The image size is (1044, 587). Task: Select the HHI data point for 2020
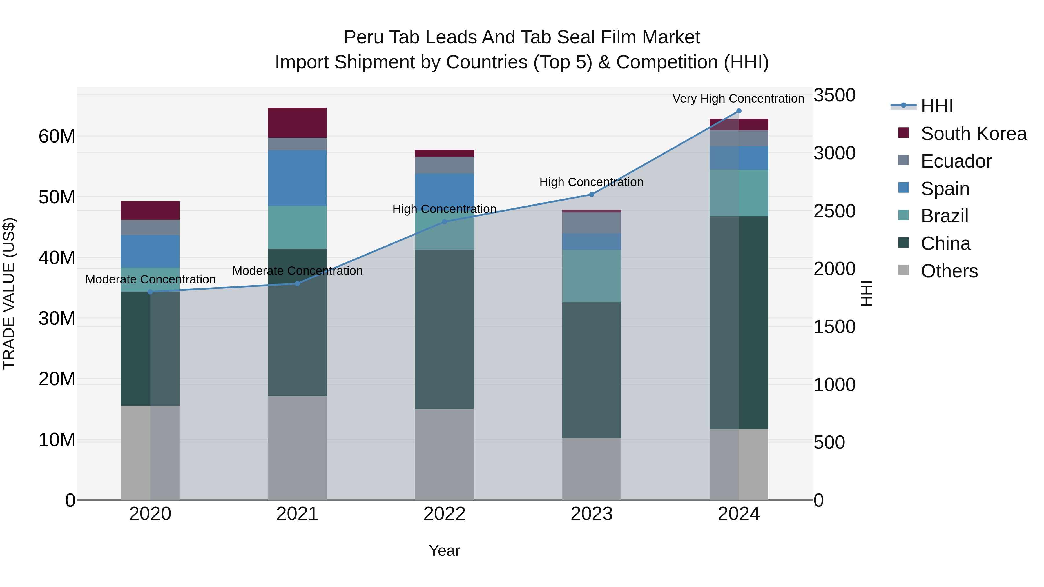[x=150, y=292]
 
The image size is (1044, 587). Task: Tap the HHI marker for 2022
[x=444, y=221]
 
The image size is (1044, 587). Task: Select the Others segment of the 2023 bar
[x=591, y=469]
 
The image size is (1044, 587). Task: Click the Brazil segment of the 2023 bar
[x=591, y=276]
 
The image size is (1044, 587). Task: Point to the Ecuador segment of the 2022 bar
[x=444, y=165]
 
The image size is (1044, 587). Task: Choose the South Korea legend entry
[x=973, y=134]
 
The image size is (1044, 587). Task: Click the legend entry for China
[x=945, y=243]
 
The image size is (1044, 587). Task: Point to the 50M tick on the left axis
[x=57, y=197]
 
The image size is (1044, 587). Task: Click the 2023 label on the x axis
[x=591, y=514]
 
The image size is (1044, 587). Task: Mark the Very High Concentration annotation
[x=738, y=99]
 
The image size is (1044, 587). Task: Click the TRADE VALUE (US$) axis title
[x=9, y=293]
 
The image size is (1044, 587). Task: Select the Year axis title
[x=444, y=550]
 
